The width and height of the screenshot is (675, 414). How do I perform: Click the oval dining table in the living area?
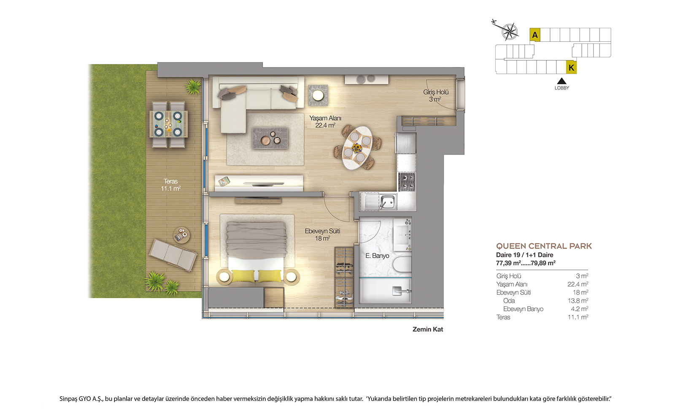357,148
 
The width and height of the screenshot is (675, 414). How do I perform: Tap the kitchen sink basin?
387,201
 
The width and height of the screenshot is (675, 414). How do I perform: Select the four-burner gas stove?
407,182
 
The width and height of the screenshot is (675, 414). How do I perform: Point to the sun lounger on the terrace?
173,254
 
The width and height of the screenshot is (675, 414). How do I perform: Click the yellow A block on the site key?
535,35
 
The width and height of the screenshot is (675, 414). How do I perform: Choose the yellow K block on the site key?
571,68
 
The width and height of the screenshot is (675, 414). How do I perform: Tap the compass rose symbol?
509,31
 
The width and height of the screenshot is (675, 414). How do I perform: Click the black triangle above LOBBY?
562,81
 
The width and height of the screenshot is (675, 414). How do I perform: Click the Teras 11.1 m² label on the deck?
170,185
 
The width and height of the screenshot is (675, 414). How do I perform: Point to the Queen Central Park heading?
544,246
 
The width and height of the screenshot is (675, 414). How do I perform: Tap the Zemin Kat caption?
428,329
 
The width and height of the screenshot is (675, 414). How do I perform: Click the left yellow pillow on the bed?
243,276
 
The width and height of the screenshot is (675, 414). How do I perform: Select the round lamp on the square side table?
318,95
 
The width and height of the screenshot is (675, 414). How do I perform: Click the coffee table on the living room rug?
270,138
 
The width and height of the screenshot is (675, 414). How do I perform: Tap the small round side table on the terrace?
181,235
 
